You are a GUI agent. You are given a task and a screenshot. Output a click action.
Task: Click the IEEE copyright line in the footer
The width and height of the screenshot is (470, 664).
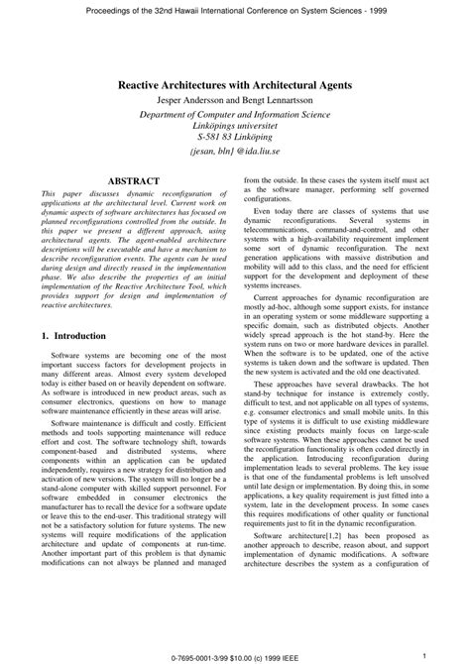click(234, 655)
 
